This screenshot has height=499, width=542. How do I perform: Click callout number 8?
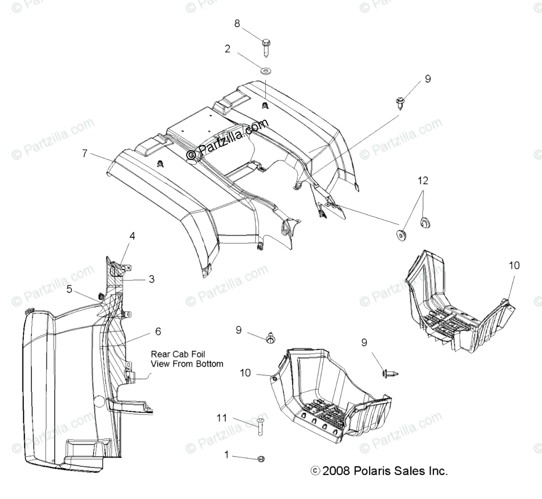237,23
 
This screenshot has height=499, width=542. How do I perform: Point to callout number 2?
227,48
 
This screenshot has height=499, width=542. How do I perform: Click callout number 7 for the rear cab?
85,153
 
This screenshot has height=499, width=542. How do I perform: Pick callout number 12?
423,180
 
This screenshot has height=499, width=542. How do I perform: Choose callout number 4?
132,236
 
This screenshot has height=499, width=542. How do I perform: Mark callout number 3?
152,279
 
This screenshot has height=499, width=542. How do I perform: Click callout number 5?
70,289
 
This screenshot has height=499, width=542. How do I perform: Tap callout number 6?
157,331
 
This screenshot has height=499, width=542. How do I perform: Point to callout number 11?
222,418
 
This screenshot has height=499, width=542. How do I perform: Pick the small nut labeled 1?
261,459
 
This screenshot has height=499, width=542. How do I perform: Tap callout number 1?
226,455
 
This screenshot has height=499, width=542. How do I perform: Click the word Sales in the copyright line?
407,471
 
